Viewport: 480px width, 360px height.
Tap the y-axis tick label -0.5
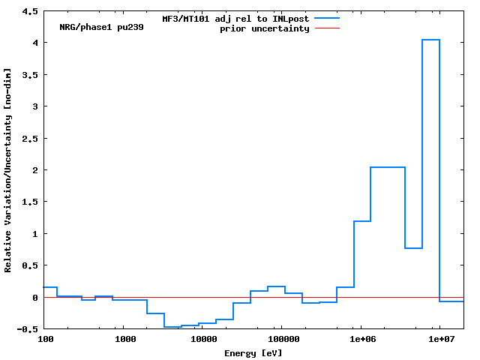tap(28, 329)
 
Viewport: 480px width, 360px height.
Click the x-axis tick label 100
tap(45, 339)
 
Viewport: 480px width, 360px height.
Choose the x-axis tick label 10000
tap(202, 339)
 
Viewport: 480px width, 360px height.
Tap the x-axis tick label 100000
tap(281, 339)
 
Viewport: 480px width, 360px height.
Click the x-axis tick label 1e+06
tap(361, 339)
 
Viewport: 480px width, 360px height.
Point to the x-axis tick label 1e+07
tap(439, 339)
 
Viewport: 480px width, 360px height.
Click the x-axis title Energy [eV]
tap(253, 352)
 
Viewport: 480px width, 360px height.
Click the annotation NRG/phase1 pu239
tap(101, 27)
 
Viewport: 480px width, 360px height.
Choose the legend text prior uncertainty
tap(264, 28)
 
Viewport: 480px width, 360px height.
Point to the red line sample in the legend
tap(327, 28)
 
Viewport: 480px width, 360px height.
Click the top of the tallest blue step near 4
tap(430, 40)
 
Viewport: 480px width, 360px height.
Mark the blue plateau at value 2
tap(388, 167)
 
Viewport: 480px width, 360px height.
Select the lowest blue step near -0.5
tap(172, 327)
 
